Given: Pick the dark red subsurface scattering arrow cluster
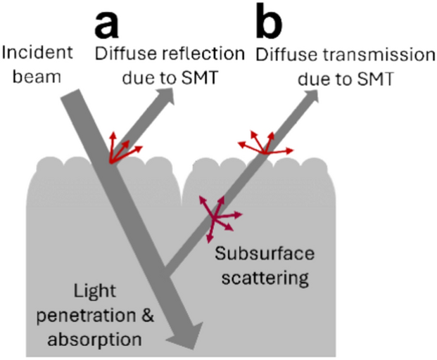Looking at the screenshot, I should [215, 213].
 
